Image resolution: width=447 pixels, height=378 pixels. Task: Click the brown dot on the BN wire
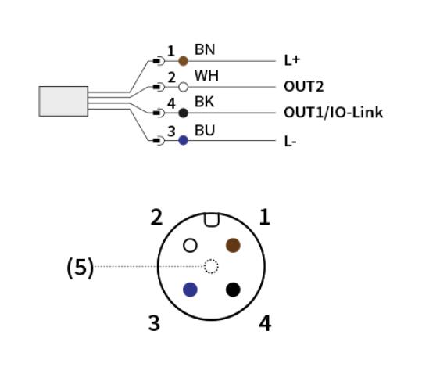[x=183, y=61]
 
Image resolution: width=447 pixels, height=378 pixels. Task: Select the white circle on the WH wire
[x=184, y=87]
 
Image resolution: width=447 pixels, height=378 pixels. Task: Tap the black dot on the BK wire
[x=184, y=113]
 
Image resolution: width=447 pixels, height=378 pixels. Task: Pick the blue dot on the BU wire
[x=183, y=140]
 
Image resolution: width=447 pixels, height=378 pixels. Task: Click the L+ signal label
[x=292, y=60]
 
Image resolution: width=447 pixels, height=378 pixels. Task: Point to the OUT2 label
[x=304, y=87]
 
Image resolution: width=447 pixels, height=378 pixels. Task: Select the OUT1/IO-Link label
[x=334, y=113]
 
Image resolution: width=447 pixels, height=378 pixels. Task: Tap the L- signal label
[x=290, y=142]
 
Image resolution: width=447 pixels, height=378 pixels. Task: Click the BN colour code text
[x=205, y=49]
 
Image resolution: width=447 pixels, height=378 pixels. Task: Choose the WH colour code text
[x=206, y=76]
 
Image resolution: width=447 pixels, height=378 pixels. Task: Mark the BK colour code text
[x=204, y=102]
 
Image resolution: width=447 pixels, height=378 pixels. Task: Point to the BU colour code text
[x=205, y=131]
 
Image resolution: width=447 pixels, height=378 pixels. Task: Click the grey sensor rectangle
[x=63, y=102]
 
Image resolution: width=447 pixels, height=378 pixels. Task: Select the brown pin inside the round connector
[x=233, y=245]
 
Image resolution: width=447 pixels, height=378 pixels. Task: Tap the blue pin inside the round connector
[x=190, y=290]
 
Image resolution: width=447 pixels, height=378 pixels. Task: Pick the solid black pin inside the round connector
[x=233, y=290]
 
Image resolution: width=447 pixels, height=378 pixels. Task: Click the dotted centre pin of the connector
[x=211, y=266]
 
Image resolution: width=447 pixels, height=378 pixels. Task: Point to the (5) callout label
[x=80, y=267]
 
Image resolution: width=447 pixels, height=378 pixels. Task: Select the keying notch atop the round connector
[x=212, y=220]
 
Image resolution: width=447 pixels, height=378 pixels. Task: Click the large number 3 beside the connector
[x=154, y=323]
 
